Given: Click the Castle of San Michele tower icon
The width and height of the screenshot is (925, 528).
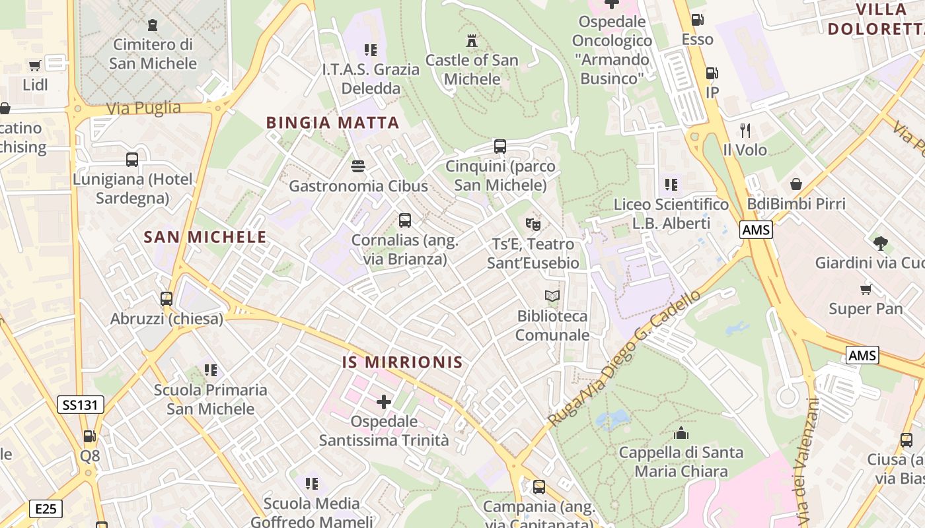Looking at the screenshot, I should tap(471, 41).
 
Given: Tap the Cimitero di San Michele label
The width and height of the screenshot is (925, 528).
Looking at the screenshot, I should tap(153, 54).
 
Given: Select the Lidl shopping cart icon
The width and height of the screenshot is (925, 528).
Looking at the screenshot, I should tap(35, 65).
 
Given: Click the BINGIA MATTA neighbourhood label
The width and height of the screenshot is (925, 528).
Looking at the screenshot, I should tap(332, 123).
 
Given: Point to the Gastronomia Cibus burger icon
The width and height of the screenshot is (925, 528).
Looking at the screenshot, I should tap(358, 166).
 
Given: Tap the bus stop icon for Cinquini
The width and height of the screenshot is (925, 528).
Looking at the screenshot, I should tap(500, 146).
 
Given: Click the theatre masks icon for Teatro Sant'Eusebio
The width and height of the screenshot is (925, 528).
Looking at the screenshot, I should tap(533, 224).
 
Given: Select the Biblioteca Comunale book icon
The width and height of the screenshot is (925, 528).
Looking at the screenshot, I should tap(552, 296).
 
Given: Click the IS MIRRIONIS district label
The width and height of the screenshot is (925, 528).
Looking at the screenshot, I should tap(402, 362).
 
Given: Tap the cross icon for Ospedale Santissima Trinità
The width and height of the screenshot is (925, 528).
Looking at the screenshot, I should tap(384, 401).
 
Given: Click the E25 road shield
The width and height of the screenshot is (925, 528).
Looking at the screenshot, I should tap(46, 508).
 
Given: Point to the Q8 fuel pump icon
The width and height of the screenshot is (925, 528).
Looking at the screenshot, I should tap(89, 436).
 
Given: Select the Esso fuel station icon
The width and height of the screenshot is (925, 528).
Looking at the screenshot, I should tap(697, 20).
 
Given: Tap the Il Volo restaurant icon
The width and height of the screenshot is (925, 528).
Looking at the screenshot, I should tap(745, 130).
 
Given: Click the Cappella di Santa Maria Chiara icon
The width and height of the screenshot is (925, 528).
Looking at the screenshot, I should tap(681, 433).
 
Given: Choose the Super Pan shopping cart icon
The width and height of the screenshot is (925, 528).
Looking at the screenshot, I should tap(866, 289).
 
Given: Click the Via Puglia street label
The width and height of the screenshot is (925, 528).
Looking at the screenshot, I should tap(143, 108).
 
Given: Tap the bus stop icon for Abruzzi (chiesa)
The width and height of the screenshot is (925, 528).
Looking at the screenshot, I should tap(166, 298).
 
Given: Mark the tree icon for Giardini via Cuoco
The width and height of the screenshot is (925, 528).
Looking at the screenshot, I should tap(880, 243).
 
